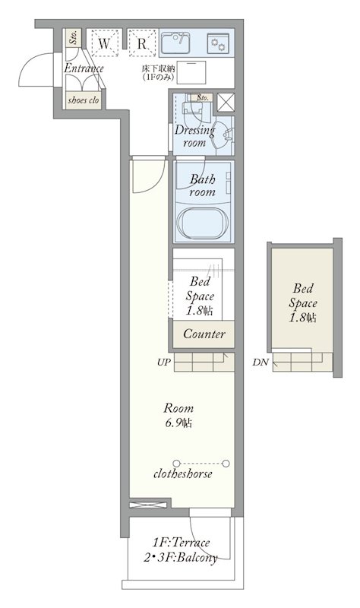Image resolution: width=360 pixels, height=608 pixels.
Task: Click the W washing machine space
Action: click(x=104, y=43)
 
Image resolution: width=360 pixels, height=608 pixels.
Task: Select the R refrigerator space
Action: click(x=142, y=43)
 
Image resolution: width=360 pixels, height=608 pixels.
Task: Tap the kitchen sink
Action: click(x=175, y=43)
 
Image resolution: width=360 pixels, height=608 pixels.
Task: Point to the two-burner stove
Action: click(x=218, y=43)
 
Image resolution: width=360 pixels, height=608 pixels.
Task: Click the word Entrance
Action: click(x=84, y=68)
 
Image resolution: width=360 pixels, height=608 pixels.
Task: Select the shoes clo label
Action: click(x=84, y=100)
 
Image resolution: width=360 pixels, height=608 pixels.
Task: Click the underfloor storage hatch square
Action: click(x=191, y=72)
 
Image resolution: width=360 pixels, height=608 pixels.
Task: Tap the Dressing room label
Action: click(x=194, y=136)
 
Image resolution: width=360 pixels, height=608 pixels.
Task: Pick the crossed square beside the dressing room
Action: click(x=226, y=103)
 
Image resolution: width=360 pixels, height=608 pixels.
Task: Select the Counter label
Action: click(x=204, y=334)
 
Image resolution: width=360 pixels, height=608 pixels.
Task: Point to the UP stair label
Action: click(x=164, y=363)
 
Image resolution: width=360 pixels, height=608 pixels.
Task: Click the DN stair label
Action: click(x=261, y=363)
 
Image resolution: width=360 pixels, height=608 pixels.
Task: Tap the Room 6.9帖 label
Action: click(x=178, y=415)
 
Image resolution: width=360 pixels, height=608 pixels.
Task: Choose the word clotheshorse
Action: click(x=183, y=473)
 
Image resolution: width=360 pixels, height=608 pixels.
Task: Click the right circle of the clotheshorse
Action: click(x=226, y=464)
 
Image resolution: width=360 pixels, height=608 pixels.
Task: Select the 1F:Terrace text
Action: click(x=181, y=542)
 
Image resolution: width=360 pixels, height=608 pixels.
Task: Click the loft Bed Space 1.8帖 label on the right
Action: click(x=302, y=302)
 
